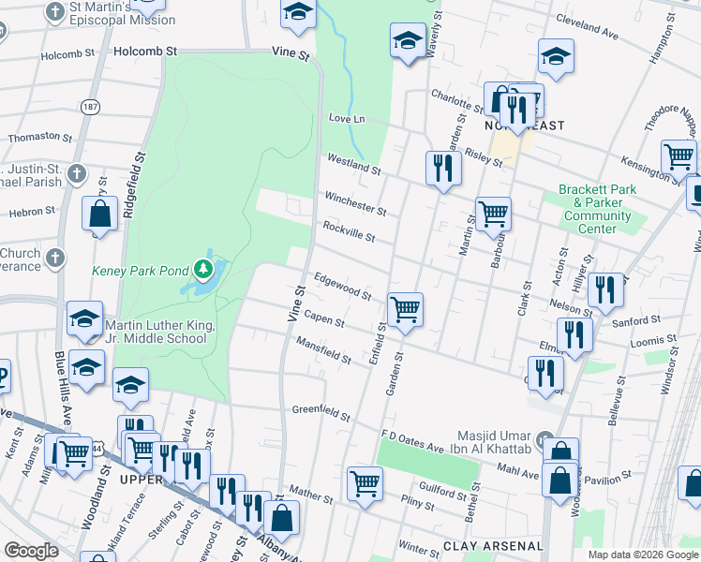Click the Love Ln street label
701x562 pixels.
pos(346,119)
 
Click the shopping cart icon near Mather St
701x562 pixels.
pos(365,482)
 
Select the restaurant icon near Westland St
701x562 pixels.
pos(443,168)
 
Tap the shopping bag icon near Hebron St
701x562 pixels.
pos(99,214)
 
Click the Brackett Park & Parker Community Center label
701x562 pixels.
pos(597,209)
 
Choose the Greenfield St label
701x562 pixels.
pos(321,412)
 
